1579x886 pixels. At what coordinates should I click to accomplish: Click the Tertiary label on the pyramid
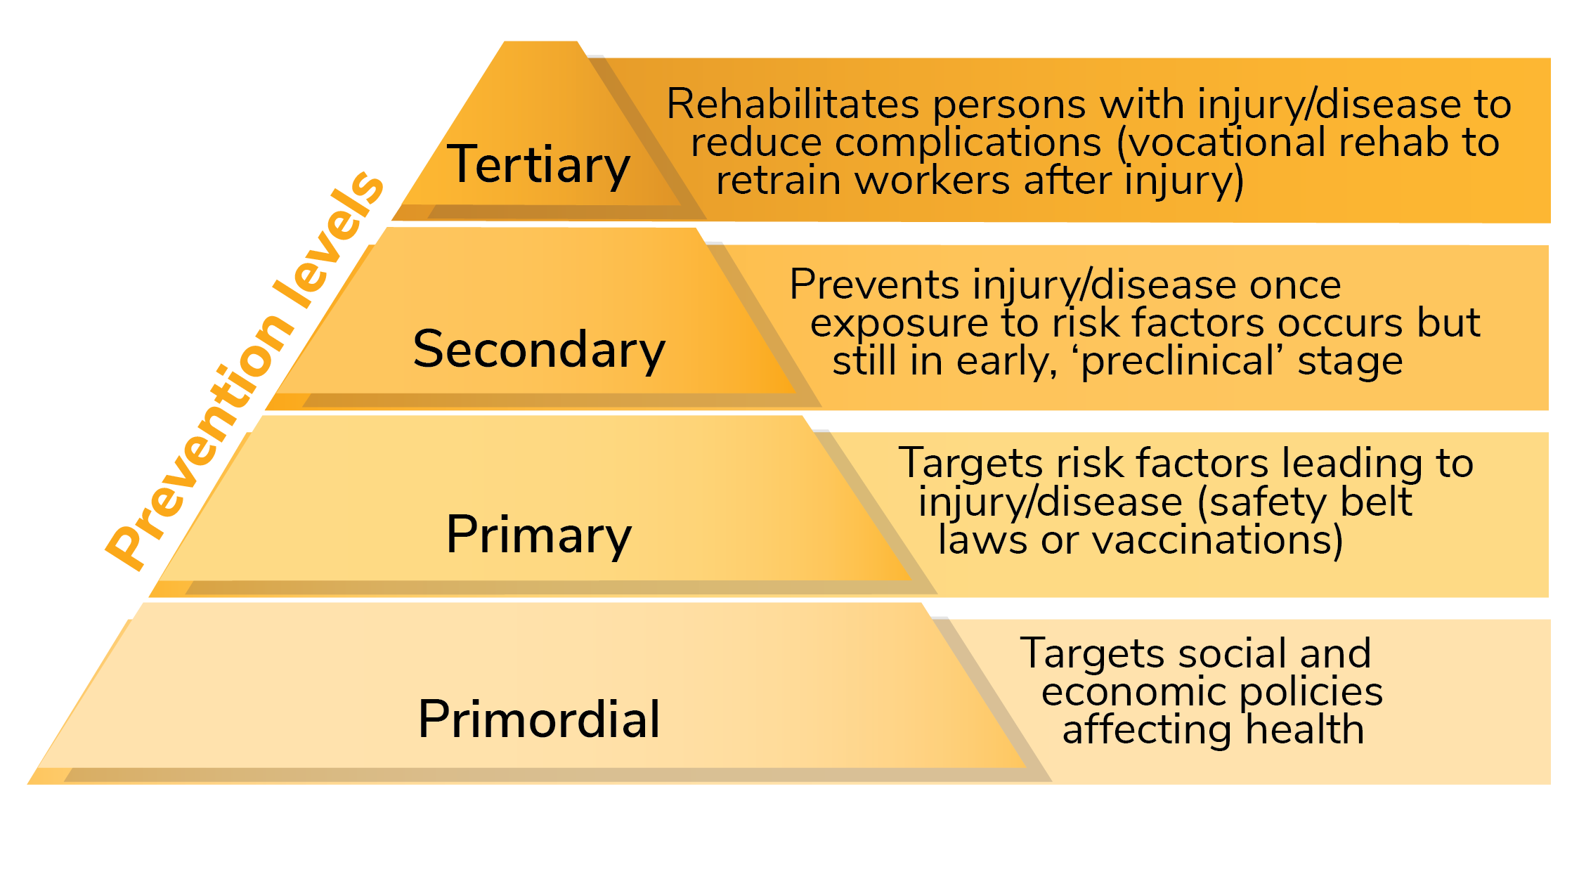click(x=538, y=165)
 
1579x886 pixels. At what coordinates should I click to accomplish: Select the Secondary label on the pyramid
click(x=538, y=349)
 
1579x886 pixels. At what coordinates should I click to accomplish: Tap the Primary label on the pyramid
click(x=538, y=535)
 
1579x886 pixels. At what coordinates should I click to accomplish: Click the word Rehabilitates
click(x=793, y=105)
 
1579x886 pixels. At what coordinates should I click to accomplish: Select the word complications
click(x=968, y=143)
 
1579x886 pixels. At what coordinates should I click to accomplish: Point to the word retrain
click(x=779, y=181)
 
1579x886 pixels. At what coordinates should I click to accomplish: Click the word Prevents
click(x=874, y=285)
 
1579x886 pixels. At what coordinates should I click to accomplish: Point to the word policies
click(x=1311, y=692)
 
